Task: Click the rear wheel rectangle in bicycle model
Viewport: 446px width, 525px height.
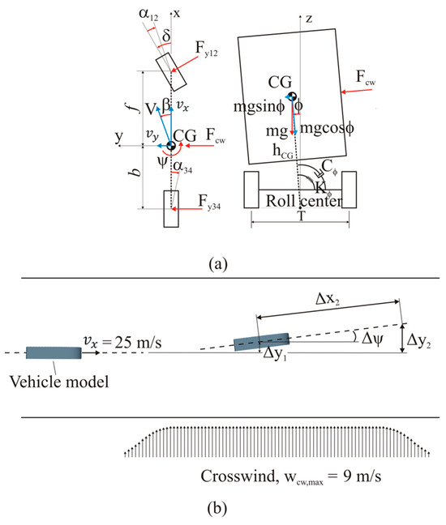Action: [x=171, y=209]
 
